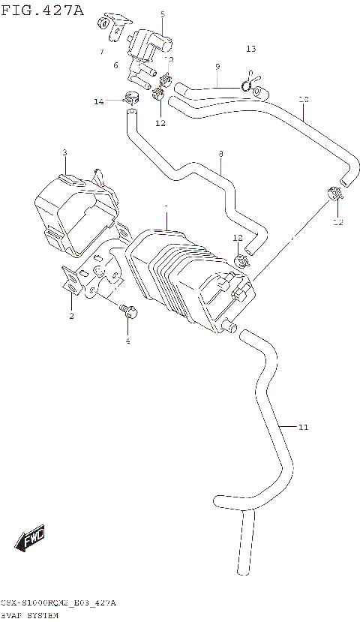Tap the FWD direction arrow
click(x=32, y=539)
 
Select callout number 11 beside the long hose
click(x=303, y=428)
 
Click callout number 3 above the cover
click(x=64, y=152)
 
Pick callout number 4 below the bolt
click(x=127, y=341)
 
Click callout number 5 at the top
click(x=163, y=14)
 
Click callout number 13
click(x=250, y=49)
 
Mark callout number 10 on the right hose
click(x=303, y=99)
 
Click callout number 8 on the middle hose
click(x=221, y=153)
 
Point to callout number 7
click(x=100, y=52)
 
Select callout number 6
click(x=115, y=65)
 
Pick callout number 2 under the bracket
click(x=71, y=316)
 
